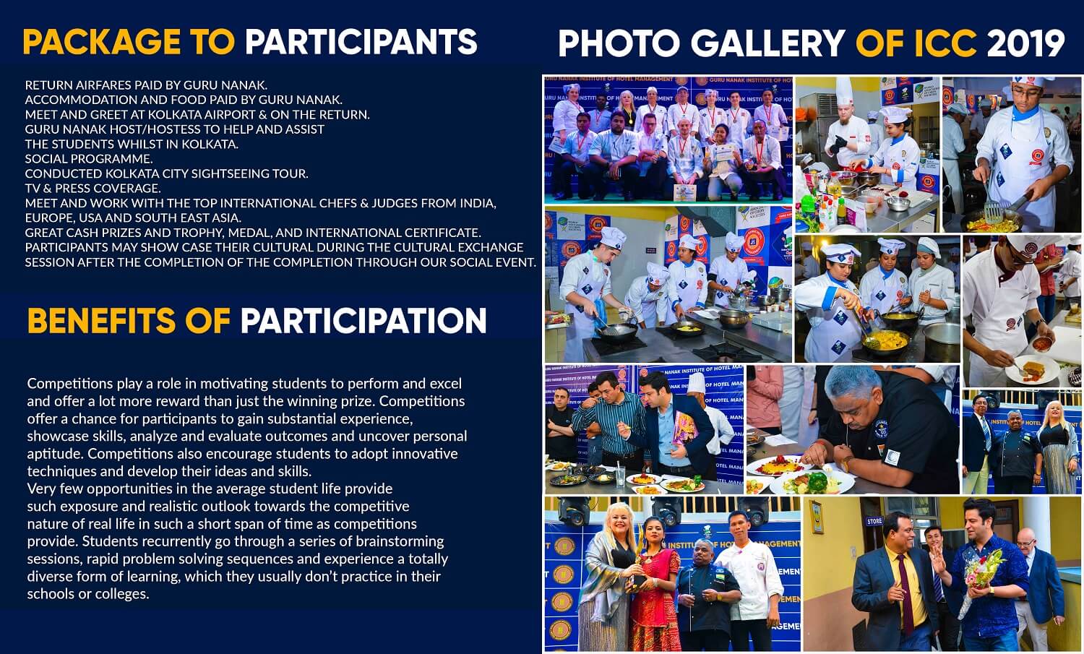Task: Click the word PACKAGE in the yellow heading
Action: click(102, 42)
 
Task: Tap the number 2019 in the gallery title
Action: click(1026, 43)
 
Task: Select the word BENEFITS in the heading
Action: click(101, 320)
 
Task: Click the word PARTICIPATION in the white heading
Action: click(363, 320)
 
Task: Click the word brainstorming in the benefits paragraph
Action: click(400, 541)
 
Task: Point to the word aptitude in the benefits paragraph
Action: click(55, 454)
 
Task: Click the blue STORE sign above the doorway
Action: click(874, 521)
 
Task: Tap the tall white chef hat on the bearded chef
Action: click(843, 92)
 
